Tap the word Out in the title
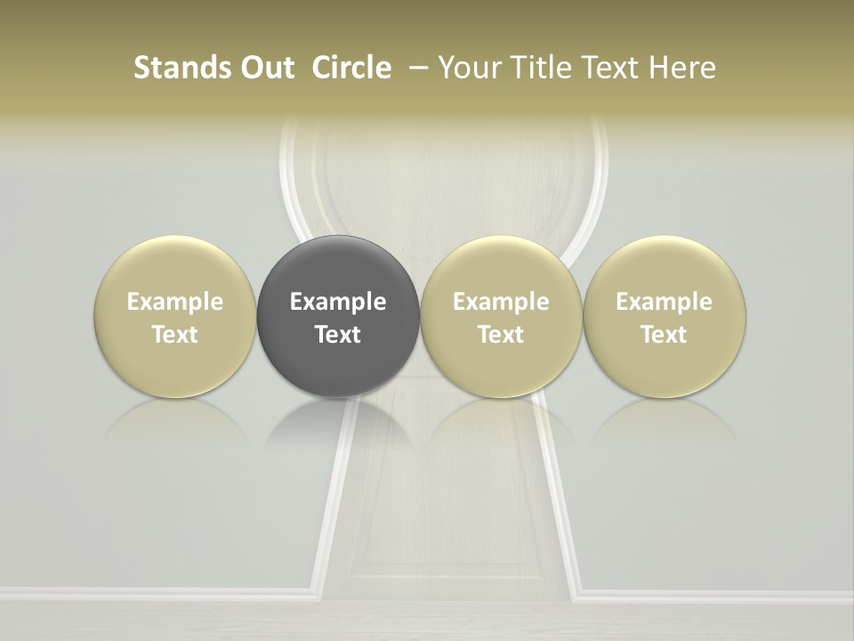(x=265, y=68)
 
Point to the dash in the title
(x=415, y=68)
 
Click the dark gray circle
(x=338, y=267)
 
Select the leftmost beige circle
(x=174, y=267)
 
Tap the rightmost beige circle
(x=664, y=267)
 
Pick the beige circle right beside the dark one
(x=501, y=267)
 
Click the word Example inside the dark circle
(x=338, y=302)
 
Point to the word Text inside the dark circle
(x=338, y=335)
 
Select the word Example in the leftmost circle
(x=174, y=302)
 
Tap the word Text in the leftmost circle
(x=174, y=335)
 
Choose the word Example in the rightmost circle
(x=664, y=302)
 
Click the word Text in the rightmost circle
(x=664, y=335)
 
